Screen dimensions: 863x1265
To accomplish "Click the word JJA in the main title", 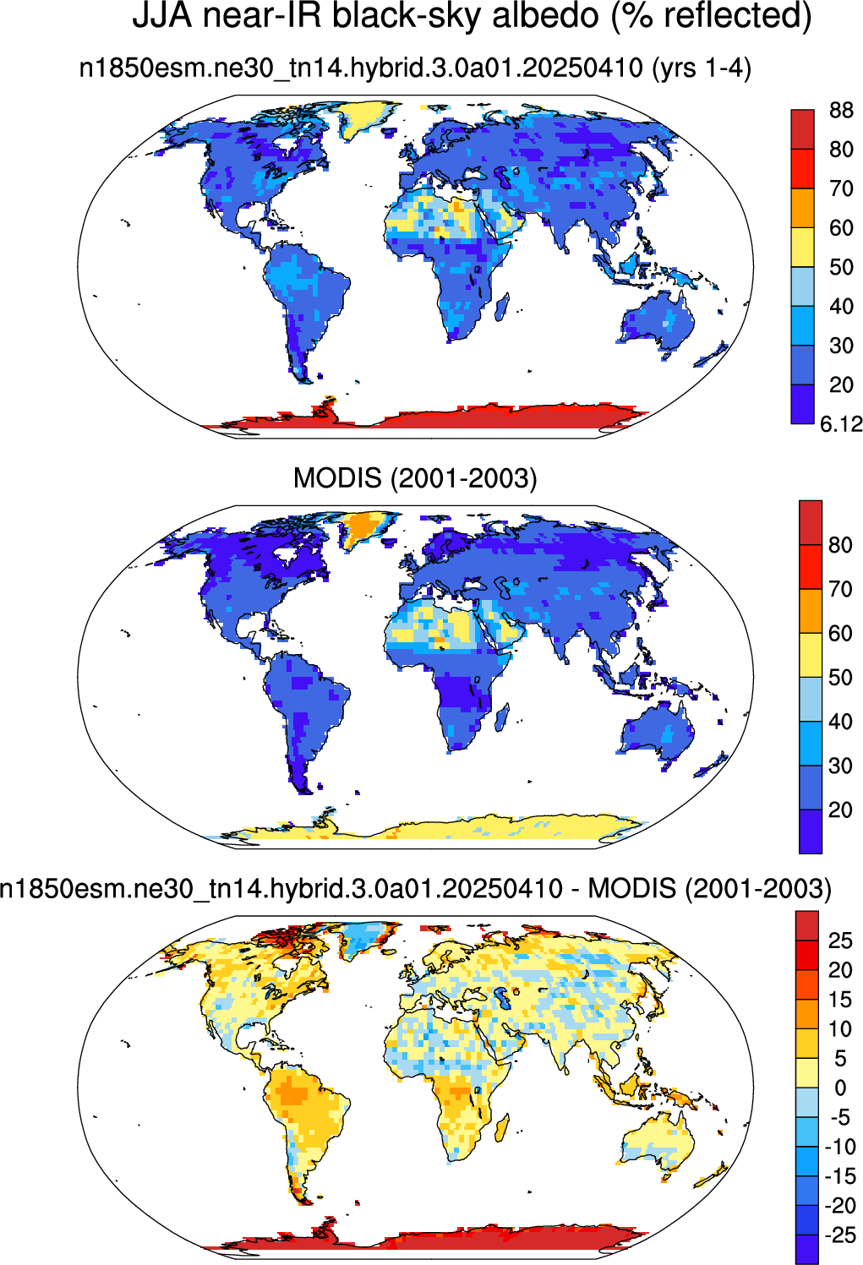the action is pos(162,16).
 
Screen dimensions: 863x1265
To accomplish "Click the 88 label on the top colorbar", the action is pos(841,110).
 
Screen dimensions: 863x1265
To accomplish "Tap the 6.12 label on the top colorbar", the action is pos(842,423).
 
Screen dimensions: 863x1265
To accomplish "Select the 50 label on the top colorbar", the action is pos(841,267).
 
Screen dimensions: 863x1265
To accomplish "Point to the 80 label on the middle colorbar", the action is pos(840,545).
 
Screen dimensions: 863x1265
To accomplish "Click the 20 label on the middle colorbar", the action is pos(840,810).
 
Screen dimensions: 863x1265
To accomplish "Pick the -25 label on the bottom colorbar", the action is pos(840,1235).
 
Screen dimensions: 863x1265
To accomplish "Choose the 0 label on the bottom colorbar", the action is pos(840,1088).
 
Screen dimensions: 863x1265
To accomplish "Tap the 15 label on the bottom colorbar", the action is pos(840,1000).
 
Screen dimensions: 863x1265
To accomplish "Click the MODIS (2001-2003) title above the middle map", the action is pos(415,478).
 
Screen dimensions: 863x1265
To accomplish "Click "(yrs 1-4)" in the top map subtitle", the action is pos(702,69).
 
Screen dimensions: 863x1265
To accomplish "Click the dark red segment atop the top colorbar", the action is pos(803,129).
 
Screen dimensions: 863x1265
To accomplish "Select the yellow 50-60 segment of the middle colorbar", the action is pos(811,655).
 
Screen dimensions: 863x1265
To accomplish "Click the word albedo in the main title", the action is pos(545,16).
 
